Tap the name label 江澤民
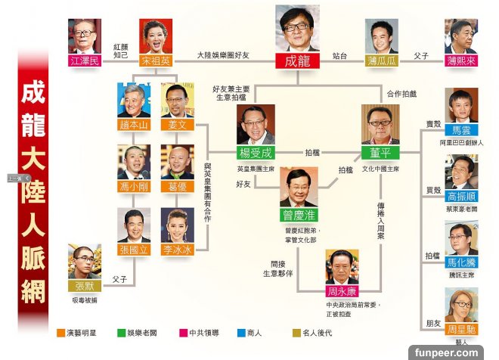tap(84, 61)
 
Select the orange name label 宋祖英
tap(155, 61)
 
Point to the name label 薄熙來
tap(460, 60)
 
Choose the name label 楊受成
tap(256, 151)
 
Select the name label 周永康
tap(342, 290)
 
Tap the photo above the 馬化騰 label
tap(460, 238)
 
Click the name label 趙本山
tap(134, 124)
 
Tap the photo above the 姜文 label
tap(177, 100)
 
